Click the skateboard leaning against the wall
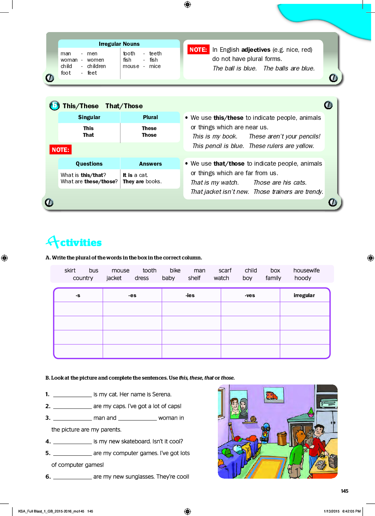pyautogui.click(x=266, y=434)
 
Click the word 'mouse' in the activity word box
pyautogui.click(x=120, y=270)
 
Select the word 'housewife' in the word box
pyautogui.click(x=306, y=270)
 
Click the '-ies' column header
pyautogui.click(x=190, y=295)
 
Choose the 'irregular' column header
pyautogui.click(x=304, y=295)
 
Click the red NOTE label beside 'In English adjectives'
pyautogui.click(x=198, y=50)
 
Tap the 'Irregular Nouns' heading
pyautogui.click(x=119, y=44)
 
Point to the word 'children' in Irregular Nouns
pyautogui.click(x=96, y=66)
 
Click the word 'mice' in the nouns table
pyautogui.click(x=155, y=66)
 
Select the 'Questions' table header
pyautogui.click(x=89, y=164)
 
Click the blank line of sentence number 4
pyautogui.click(x=72, y=442)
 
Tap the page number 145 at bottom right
pyautogui.click(x=345, y=491)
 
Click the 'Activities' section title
pyautogui.click(x=74, y=242)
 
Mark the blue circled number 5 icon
pyautogui.click(x=55, y=105)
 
